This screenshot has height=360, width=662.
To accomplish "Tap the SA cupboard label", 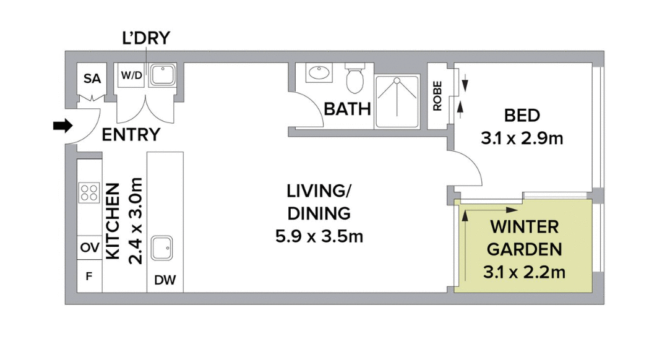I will [92, 79].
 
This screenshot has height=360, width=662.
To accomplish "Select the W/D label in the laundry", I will [131, 76].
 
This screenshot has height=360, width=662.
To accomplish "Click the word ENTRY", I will [131, 135].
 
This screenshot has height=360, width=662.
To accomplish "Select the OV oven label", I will [89, 248].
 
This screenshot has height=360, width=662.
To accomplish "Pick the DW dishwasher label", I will [165, 280].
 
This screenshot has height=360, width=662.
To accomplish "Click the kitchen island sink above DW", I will [165, 248].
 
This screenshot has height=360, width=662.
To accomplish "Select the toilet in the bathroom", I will [355, 79].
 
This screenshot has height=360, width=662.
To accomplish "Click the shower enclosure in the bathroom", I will [397, 101].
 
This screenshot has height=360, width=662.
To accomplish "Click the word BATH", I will [347, 109].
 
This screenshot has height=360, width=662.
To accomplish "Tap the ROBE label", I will [437, 96].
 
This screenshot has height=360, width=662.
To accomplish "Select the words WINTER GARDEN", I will [524, 238].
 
